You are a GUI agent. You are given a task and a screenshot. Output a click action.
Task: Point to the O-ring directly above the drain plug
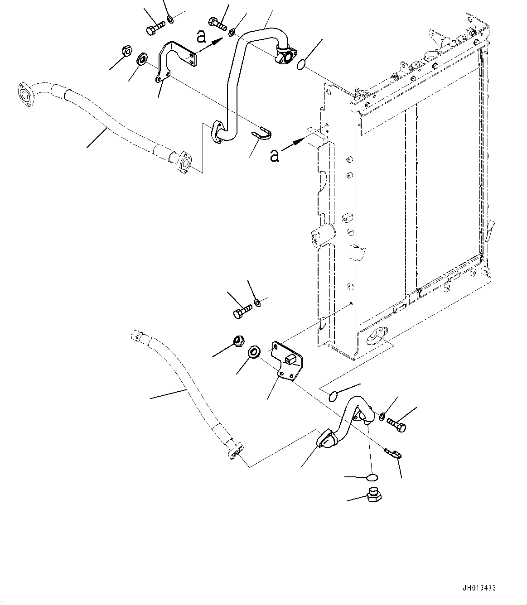(371, 477)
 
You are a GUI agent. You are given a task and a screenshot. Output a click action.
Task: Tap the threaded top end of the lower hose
(135, 336)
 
